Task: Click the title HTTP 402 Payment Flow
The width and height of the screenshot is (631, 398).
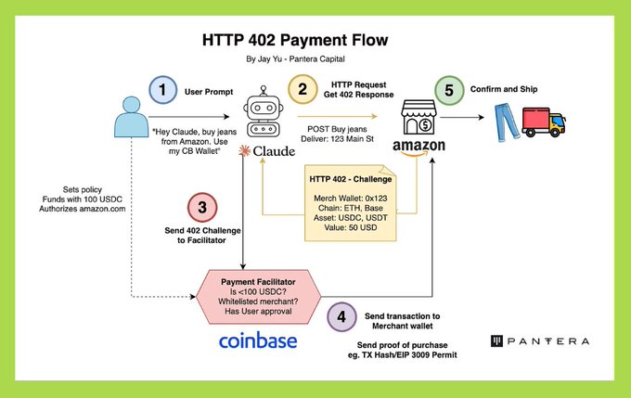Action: tap(294, 41)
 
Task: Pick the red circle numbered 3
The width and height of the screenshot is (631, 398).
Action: tap(201, 207)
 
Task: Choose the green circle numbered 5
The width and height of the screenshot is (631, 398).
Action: tap(449, 91)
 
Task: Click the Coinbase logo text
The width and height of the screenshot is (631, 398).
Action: tap(258, 340)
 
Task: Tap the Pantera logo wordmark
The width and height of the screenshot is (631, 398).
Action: tap(542, 341)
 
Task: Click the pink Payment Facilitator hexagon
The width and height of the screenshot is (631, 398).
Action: tap(258, 295)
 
